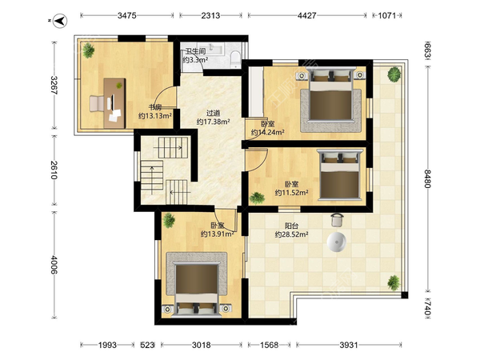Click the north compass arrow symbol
pos(60,21)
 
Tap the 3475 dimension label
pos(126,15)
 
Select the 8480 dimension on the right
pos(428,178)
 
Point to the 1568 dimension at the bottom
pos(269,346)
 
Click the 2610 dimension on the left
pos(54,170)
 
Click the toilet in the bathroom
pos(235,59)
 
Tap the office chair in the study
pos(97,103)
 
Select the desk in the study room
pos(114,103)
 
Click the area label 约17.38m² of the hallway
pos(213,122)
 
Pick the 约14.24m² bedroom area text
pos(268,133)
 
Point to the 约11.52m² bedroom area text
pos(291,193)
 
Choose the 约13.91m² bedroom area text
pos(218,234)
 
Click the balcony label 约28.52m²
pos(291,234)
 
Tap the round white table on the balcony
pos(337,242)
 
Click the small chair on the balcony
pos(337,220)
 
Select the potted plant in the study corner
pos(89,50)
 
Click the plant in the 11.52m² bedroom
pos(257,198)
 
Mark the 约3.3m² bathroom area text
pos(195,60)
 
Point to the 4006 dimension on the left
pos(54,265)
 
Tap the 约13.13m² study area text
pos(155,116)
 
